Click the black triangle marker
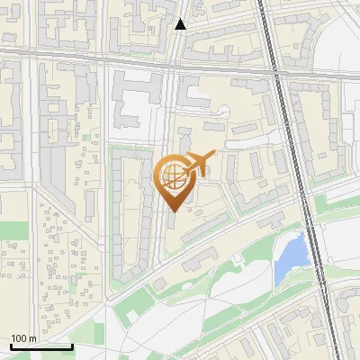181,24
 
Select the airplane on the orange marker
199,163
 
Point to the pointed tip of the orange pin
173,211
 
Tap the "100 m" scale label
23,338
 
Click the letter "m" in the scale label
32,338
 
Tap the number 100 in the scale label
18,338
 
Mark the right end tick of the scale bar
71,346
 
